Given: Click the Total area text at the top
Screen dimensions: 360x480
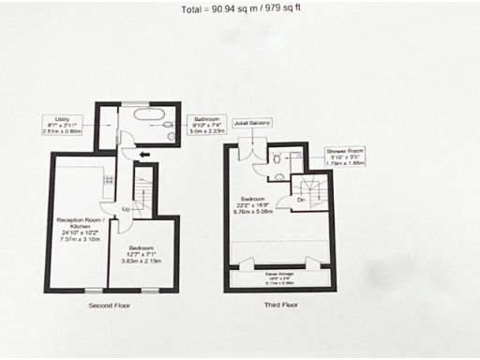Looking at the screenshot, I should (240, 10).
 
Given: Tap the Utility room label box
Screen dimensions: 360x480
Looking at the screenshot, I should (62, 126).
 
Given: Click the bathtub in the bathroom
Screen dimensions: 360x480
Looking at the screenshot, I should (149, 118).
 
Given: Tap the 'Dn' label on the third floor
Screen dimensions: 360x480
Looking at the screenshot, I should (301, 200).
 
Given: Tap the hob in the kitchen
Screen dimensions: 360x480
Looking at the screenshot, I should (110, 179).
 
